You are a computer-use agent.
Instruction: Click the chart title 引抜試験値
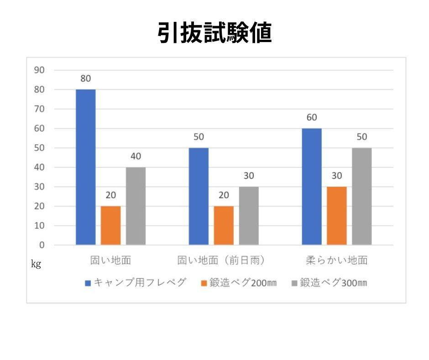(214, 33)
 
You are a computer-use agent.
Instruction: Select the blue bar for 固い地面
(86, 167)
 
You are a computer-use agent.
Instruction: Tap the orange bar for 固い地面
(111, 225)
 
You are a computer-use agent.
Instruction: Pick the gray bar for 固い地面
(136, 206)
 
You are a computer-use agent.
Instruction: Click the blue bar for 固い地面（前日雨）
(199, 196)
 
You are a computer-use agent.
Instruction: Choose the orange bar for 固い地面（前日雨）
(224, 225)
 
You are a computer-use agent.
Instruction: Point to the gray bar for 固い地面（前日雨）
(249, 216)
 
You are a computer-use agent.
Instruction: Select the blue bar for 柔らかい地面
(312, 186)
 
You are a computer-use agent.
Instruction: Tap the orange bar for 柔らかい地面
(337, 216)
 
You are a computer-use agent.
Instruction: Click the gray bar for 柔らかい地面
(362, 196)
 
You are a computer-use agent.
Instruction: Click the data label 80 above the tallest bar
(86, 79)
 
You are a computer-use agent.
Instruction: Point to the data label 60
(312, 117)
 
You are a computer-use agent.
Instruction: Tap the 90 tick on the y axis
(40, 70)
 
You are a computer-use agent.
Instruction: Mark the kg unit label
(36, 264)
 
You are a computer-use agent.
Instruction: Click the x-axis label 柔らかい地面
(337, 260)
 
